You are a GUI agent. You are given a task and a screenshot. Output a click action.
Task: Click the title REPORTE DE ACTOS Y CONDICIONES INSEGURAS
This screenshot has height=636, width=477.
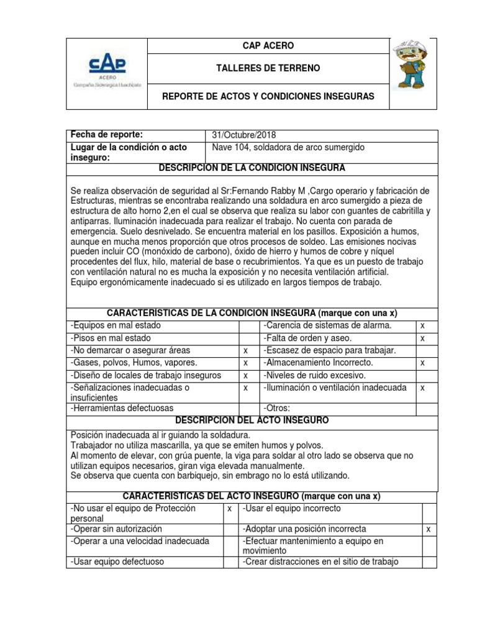[268, 98]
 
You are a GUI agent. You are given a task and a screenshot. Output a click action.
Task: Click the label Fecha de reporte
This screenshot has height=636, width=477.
[107, 135]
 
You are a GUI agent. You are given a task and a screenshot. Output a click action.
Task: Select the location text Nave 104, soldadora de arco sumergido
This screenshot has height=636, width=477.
[288, 147]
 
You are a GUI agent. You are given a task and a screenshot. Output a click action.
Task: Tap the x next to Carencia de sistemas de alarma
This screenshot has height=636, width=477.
[422, 325]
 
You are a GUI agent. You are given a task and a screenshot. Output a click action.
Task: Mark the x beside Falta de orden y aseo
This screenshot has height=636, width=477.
[422, 338]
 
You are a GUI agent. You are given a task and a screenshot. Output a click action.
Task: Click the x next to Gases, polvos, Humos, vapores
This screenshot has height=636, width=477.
[246, 363]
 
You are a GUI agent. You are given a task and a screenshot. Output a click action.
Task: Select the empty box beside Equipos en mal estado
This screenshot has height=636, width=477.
[248, 325]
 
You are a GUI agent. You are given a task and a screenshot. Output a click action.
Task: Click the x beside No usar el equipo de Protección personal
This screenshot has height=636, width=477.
[229, 509]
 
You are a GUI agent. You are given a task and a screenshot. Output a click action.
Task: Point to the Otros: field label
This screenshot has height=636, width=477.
[277, 408]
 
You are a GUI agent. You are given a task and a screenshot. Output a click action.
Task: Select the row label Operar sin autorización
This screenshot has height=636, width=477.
[117, 529]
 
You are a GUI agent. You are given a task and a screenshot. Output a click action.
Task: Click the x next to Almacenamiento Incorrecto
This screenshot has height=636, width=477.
[422, 363]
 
